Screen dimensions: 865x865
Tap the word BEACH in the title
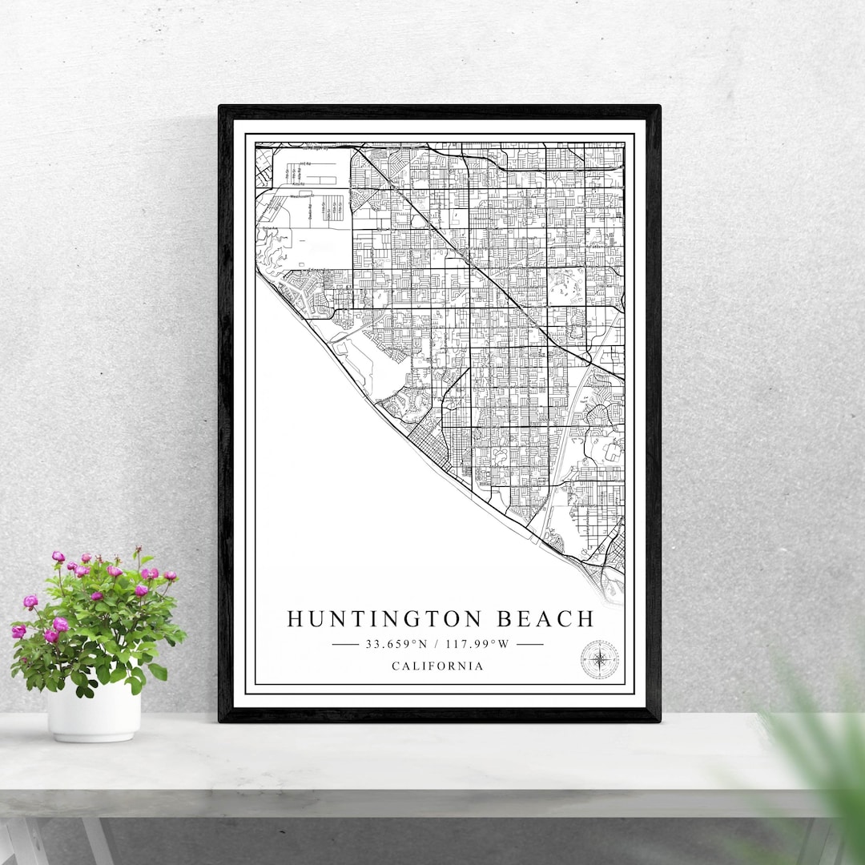(545, 619)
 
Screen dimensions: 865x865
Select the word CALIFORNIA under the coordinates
(437, 666)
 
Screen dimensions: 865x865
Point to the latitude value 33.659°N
(395, 643)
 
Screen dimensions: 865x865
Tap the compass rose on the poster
(599, 659)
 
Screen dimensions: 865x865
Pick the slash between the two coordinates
(437, 643)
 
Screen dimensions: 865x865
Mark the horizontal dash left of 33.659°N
(345, 643)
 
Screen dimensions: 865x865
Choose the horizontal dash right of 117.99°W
(529, 643)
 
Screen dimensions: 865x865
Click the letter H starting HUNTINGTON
(295, 619)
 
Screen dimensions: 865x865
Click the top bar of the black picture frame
(439, 112)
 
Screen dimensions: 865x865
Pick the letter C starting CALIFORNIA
(396, 666)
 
